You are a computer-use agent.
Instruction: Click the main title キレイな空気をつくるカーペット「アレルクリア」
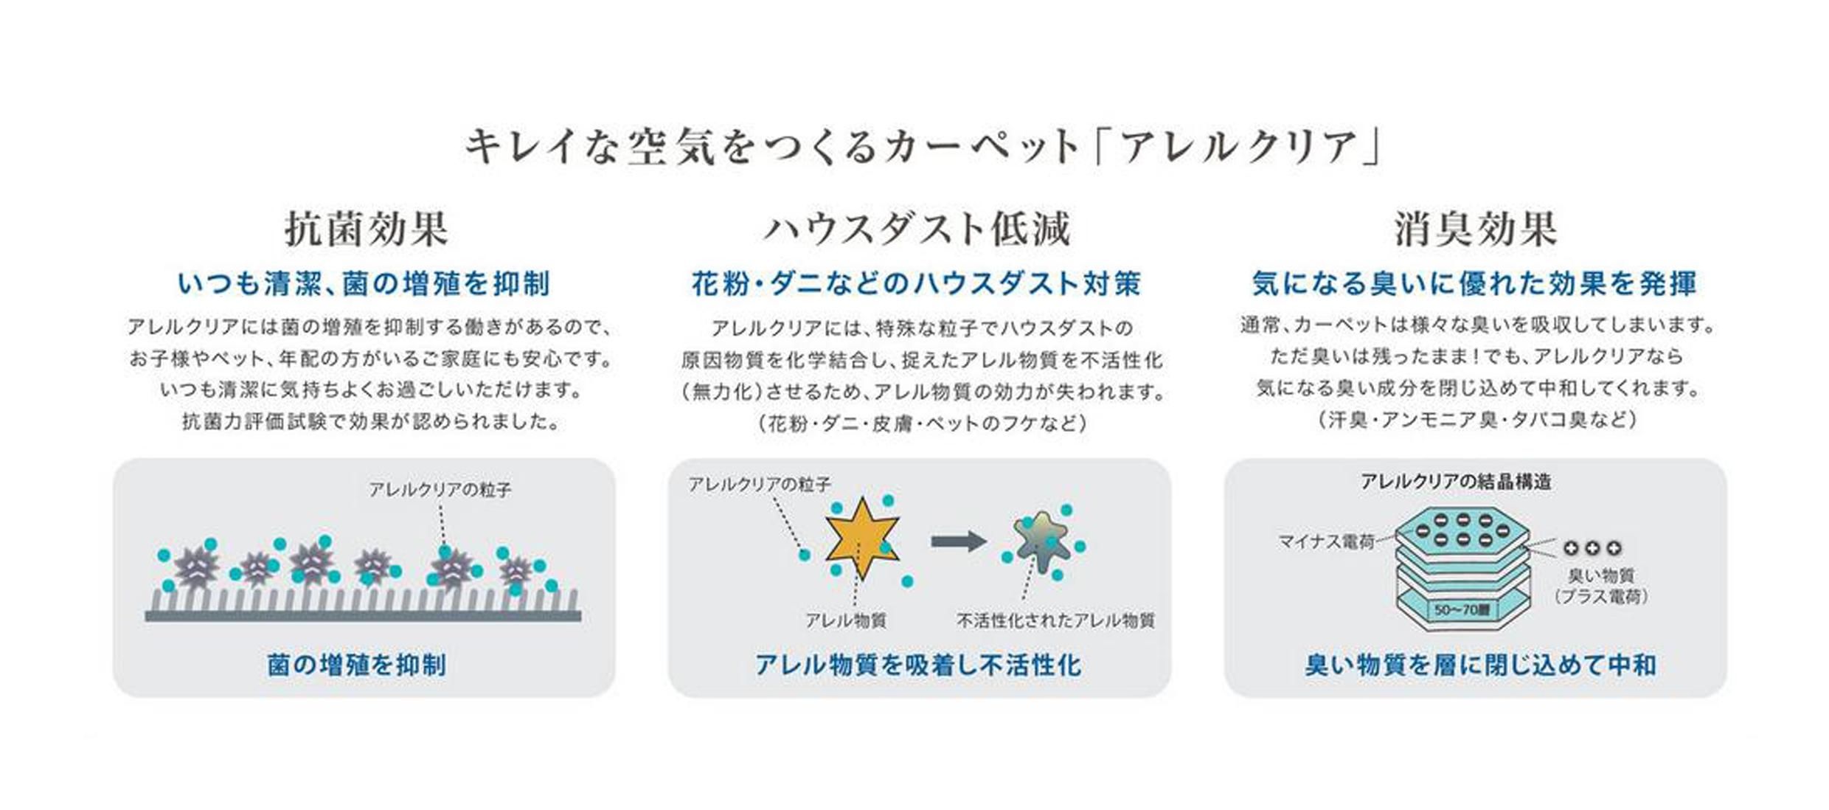922,146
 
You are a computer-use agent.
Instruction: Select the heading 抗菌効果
367,229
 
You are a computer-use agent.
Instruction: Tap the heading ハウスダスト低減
917,229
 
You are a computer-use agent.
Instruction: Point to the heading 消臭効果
1475,229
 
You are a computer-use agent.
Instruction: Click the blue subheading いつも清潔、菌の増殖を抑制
364,283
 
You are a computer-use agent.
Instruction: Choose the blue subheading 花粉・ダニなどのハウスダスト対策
917,283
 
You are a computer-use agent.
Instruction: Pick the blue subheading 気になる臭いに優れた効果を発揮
1475,283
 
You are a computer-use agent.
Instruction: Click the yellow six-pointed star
861,538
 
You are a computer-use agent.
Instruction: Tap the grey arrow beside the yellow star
959,541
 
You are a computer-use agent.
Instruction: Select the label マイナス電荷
1326,542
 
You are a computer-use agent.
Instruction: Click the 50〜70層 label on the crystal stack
1462,610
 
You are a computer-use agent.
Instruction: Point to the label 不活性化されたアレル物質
1055,621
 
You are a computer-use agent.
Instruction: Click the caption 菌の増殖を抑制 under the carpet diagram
357,665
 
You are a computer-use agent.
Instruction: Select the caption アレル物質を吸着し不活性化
918,665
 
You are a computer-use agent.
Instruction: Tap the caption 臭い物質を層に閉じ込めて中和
1480,665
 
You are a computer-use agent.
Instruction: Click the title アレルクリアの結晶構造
1456,482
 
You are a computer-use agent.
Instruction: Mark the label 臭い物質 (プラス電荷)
1600,586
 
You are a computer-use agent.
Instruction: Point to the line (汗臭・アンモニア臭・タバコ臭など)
1476,420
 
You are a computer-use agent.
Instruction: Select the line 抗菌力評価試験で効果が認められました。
371,422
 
